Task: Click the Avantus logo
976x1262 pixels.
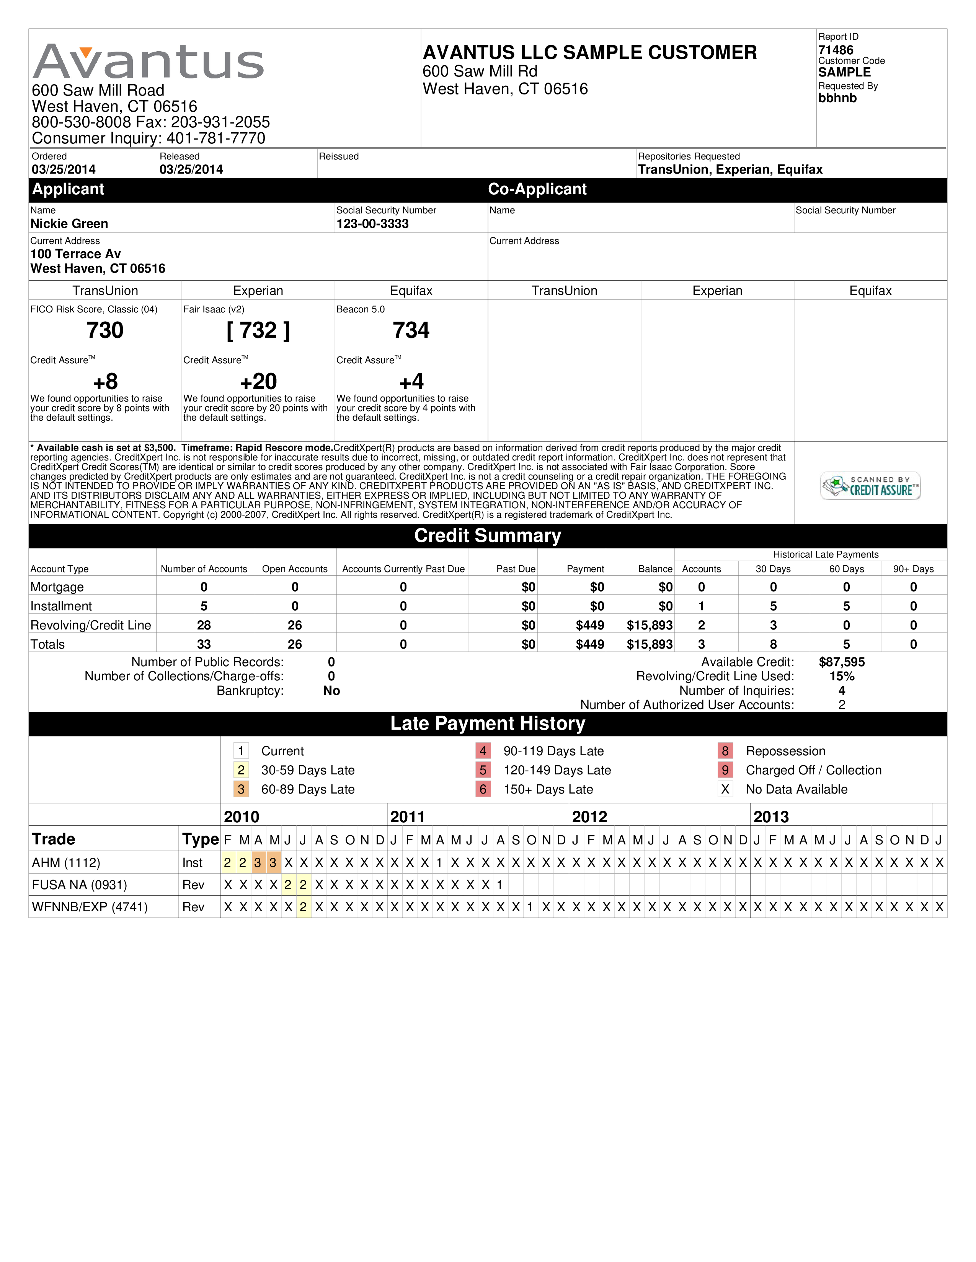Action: point(148,61)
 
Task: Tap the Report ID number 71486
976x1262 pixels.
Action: point(836,50)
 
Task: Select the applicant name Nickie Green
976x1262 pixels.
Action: point(69,224)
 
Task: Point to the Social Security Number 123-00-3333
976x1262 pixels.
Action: point(372,224)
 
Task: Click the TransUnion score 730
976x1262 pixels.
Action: point(105,330)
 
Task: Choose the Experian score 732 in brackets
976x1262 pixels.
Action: point(258,330)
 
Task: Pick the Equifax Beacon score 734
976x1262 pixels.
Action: point(411,330)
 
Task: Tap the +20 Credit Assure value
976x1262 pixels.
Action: point(258,381)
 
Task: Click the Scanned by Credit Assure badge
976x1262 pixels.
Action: point(870,486)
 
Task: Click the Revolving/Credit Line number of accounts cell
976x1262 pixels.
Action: point(204,625)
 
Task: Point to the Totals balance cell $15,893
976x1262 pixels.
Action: point(650,644)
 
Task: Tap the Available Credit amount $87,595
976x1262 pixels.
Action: point(842,662)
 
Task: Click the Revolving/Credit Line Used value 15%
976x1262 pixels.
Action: point(842,676)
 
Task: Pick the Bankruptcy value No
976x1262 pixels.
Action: point(331,691)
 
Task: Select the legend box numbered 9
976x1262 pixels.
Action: point(725,770)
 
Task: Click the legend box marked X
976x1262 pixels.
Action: point(725,789)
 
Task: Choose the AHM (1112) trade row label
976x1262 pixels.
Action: point(66,863)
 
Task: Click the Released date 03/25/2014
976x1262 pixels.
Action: point(191,169)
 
